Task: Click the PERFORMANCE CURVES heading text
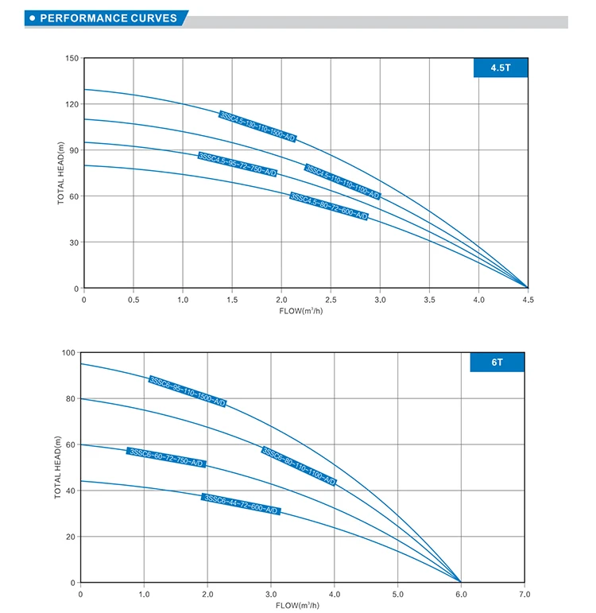pos(108,17)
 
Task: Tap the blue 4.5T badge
pos(501,68)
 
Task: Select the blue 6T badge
pos(497,362)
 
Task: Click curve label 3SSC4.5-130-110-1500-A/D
pos(257,126)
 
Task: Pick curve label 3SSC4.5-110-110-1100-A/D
pos(343,182)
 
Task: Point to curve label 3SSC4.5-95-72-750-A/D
pos(238,164)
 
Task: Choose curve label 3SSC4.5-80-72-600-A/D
pos(329,206)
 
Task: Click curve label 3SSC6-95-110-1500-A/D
pos(188,391)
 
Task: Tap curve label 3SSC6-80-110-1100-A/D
pos(299,466)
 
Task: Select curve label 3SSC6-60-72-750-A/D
pos(166,457)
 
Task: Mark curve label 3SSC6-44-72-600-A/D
pos(242,504)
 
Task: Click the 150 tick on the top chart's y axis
pos(72,59)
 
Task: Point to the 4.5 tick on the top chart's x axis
pos(528,300)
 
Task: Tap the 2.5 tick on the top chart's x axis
pos(331,300)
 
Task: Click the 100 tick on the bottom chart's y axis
pos(68,353)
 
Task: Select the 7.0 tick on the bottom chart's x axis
pos(524,594)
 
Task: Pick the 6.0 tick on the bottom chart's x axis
pos(460,594)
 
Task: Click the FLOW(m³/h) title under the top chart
pos(306,311)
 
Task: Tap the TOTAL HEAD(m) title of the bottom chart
pos(58,468)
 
